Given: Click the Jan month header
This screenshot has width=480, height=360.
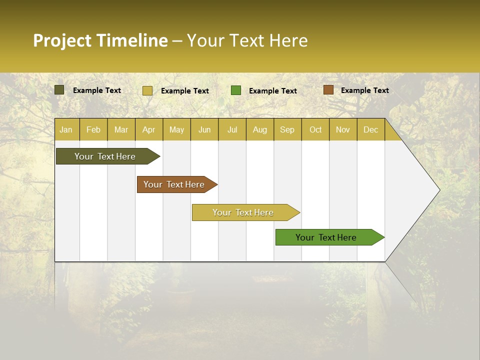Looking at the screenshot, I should click(66, 129).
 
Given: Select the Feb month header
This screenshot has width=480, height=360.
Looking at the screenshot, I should click(93, 129).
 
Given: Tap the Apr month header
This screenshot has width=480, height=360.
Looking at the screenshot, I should click(149, 129).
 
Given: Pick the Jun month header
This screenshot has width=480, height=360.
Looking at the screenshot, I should click(204, 129).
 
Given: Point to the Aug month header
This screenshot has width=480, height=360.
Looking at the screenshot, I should click(260, 129).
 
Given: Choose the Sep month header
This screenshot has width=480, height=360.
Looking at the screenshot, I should click(287, 129).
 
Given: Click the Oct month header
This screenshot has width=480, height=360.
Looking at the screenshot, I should click(315, 129).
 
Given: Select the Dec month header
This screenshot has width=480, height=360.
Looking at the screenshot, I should click(371, 129).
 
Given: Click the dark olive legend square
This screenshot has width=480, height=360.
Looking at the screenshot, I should click(59, 90).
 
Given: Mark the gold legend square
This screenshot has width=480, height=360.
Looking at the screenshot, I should click(147, 90).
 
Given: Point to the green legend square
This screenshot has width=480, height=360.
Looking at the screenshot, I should click(236, 90).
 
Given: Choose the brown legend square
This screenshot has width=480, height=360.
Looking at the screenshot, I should click(328, 90).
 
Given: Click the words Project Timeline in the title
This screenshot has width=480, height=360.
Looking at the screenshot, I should click(100, 40).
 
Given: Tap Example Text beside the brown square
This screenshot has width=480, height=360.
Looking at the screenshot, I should click(364, 90).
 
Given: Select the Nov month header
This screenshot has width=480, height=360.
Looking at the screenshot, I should click(343, 129).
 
